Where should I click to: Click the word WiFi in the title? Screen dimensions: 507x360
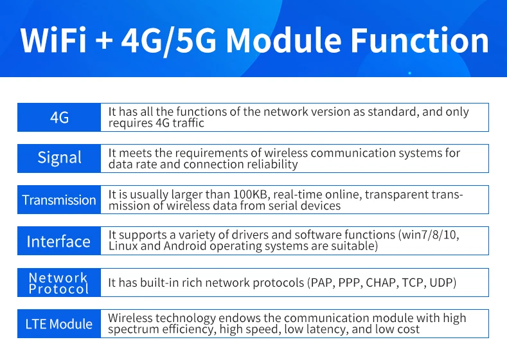(x=53, y=40)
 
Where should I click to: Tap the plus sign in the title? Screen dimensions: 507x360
(x=105, y=41)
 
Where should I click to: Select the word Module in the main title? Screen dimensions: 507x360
(x=283, y=40)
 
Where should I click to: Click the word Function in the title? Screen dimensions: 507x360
(x=420, y=40)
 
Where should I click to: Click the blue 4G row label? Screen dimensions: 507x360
(x=59, y=118)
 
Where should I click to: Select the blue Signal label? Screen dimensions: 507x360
(x=59, y=159)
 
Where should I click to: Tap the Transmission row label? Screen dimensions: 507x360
(x=59, y=199)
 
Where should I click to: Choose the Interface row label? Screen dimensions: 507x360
(x=59, y=240)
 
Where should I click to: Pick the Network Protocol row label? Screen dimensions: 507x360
(x=59, y=282)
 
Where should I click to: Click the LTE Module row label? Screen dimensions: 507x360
(x=59, y=323)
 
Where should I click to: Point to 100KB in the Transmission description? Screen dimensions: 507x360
(x=251, y=195)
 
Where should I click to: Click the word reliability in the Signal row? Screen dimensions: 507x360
(x=272, y=165)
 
